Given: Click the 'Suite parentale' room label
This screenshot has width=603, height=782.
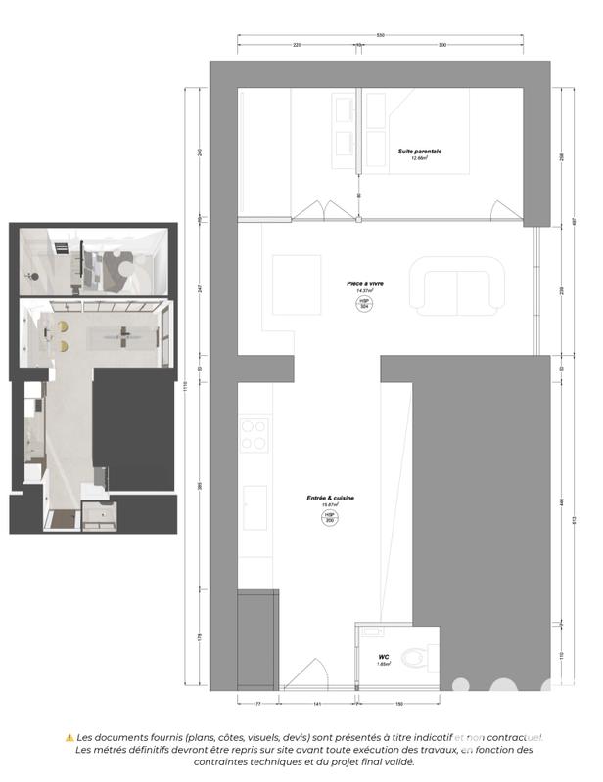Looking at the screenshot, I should (419, 152).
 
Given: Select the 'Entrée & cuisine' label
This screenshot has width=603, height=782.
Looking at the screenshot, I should (330, 499).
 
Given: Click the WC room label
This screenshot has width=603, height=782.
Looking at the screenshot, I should (384, 658).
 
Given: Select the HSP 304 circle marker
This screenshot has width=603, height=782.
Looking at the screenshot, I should (364, 305).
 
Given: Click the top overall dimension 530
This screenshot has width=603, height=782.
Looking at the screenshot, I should (381, 36).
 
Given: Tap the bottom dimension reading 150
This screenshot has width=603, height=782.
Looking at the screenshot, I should (400, 704).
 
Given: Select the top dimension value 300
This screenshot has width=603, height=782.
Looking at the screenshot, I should (442, 46).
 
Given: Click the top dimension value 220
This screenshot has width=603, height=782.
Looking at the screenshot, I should (296, 46).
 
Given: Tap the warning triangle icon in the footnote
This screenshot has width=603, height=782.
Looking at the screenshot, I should (70, 737).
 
